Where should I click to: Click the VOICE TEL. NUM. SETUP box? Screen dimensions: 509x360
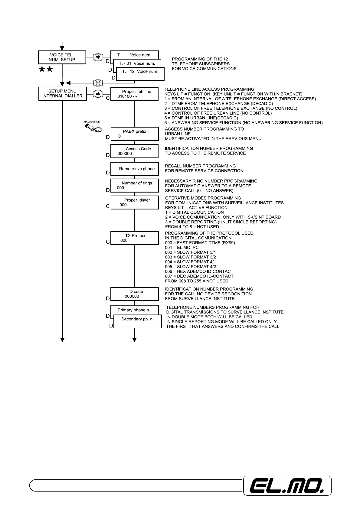[62, 57]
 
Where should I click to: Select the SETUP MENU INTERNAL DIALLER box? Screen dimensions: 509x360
[62, 93]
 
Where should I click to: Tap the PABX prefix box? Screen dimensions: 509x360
[134, 134]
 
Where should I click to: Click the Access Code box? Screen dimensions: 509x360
[134, 151]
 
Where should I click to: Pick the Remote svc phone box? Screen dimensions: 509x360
[134, 169]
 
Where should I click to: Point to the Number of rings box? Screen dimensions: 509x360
[134, 185]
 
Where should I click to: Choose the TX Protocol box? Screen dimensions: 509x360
[134, 238]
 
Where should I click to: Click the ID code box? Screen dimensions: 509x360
[134, 294]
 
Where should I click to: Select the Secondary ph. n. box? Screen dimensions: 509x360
[138, 322]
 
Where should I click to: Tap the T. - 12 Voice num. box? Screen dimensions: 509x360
[140, 73]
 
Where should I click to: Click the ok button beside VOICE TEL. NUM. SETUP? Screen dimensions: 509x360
[98, 57]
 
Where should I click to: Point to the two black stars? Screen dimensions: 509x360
[46, 70]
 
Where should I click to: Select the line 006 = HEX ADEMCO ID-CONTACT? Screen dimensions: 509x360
[199, 271]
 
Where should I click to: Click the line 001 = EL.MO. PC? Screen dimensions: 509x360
[182, 248]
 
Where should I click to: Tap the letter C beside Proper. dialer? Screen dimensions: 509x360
[108, 206]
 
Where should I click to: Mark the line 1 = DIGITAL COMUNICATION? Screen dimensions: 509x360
[194, 212]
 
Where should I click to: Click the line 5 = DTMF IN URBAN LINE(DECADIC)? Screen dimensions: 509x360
[201, 118]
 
